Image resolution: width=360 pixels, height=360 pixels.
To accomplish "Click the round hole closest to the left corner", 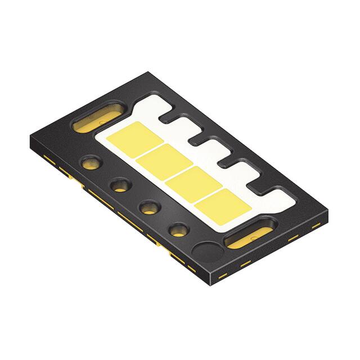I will pyautogui.click(x=91, y=164).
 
